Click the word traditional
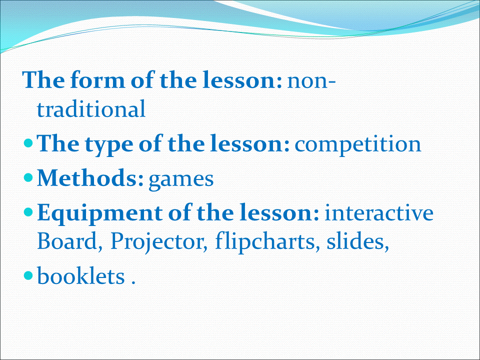click(91, 108)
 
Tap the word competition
click(358, 144)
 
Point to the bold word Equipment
click(100, 213)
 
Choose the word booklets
click(81, 275)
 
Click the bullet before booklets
click(28, 275)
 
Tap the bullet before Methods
click(28, 177)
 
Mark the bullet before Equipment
click(28, 212)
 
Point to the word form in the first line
click(97, 79)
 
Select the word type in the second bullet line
click(109, 145)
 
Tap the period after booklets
click(133, 282)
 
